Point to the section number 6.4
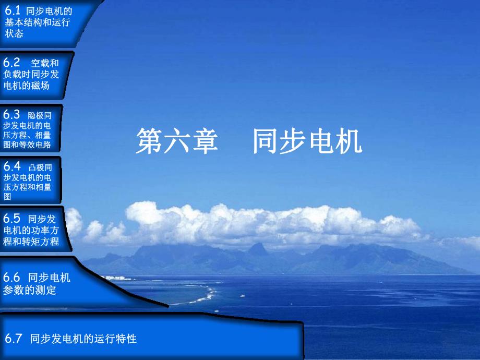(12, 166)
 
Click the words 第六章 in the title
(177, 141)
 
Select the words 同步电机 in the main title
(307, 141)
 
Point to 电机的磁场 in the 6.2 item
(27, 86)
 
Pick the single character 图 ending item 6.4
(7, 197)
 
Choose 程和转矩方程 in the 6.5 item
(31, 242)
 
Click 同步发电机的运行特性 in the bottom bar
(83, 339)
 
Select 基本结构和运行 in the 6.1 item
(37, 22)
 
